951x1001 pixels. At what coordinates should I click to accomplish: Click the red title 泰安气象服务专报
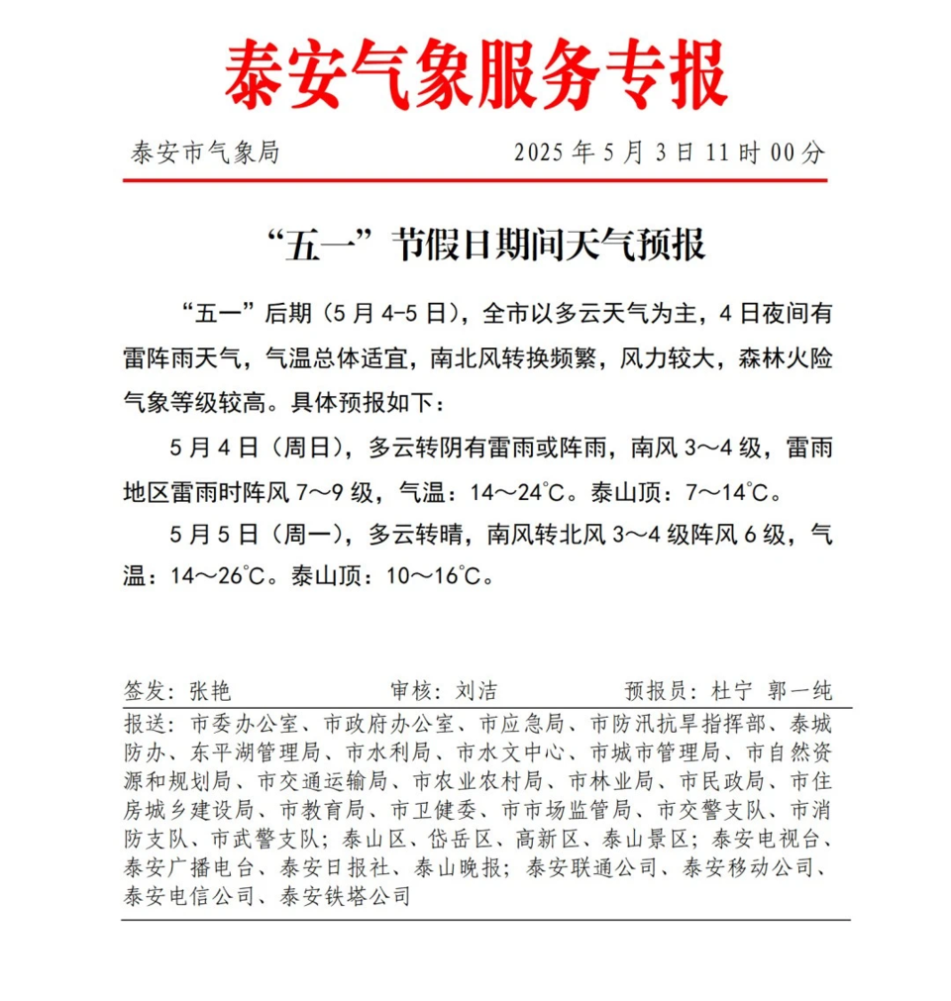[475, 77]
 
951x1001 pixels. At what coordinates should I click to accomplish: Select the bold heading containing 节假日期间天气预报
[485, 244]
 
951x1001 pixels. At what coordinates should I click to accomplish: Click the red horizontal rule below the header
[475, 180]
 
